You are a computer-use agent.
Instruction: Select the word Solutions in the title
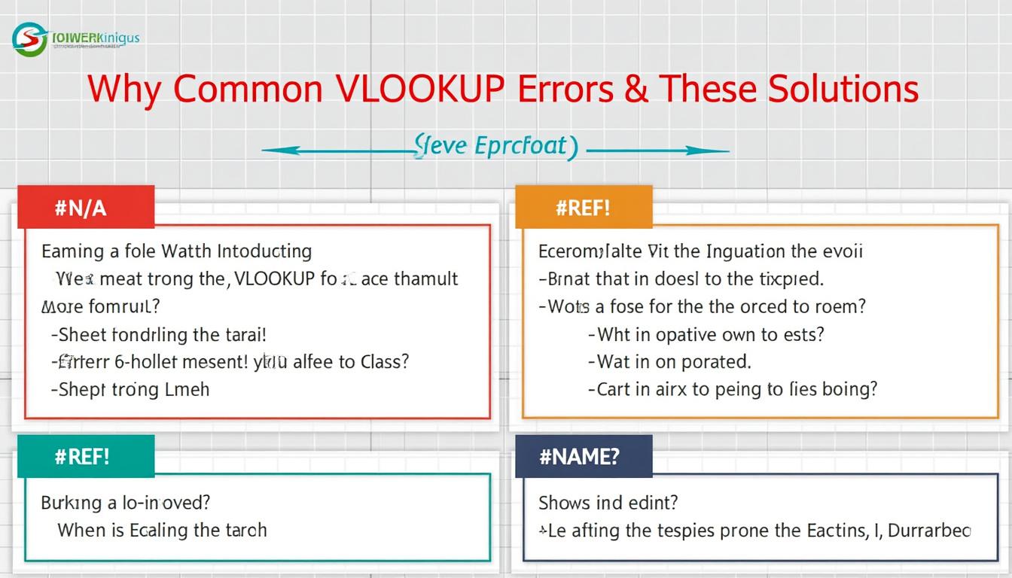click(x=843, y=90)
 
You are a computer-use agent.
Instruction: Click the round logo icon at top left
click(x=29, y=39)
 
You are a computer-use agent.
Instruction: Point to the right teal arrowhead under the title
click(x=724, y=151)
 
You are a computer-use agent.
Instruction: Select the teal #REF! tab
click(x=84, y=457)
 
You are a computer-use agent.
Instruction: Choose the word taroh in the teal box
click(x=245, y=530)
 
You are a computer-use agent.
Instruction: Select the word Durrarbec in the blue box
click(x=929, y=530)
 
